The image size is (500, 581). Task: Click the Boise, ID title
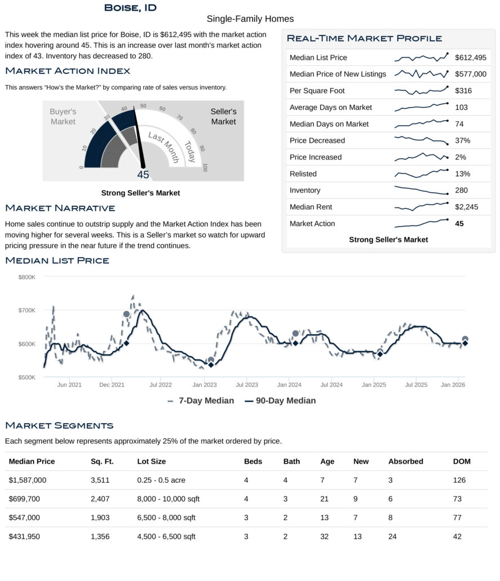coord(130,8)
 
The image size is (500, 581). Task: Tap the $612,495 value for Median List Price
coord(470,58)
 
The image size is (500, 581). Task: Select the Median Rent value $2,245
coord(466,207)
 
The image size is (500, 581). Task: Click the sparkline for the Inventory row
coord(421,191)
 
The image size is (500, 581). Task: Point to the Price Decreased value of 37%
coord(462,140)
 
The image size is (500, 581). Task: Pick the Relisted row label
coord(303,174)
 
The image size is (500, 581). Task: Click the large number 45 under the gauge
coord(143,175)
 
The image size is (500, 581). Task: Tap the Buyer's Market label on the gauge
coord(63,117)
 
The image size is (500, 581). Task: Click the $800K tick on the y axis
coord(26,277)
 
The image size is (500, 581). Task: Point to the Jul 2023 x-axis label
coord(246,385)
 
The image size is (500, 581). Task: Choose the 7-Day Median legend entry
coord(200,400)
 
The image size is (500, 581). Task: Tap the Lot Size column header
coord(151,461)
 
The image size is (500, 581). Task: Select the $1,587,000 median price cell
coord(28,481)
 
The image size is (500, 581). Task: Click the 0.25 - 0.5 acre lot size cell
coord(161,481)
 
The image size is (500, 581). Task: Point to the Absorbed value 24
coord(392,536)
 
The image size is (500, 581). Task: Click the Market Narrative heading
coord(60,208)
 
